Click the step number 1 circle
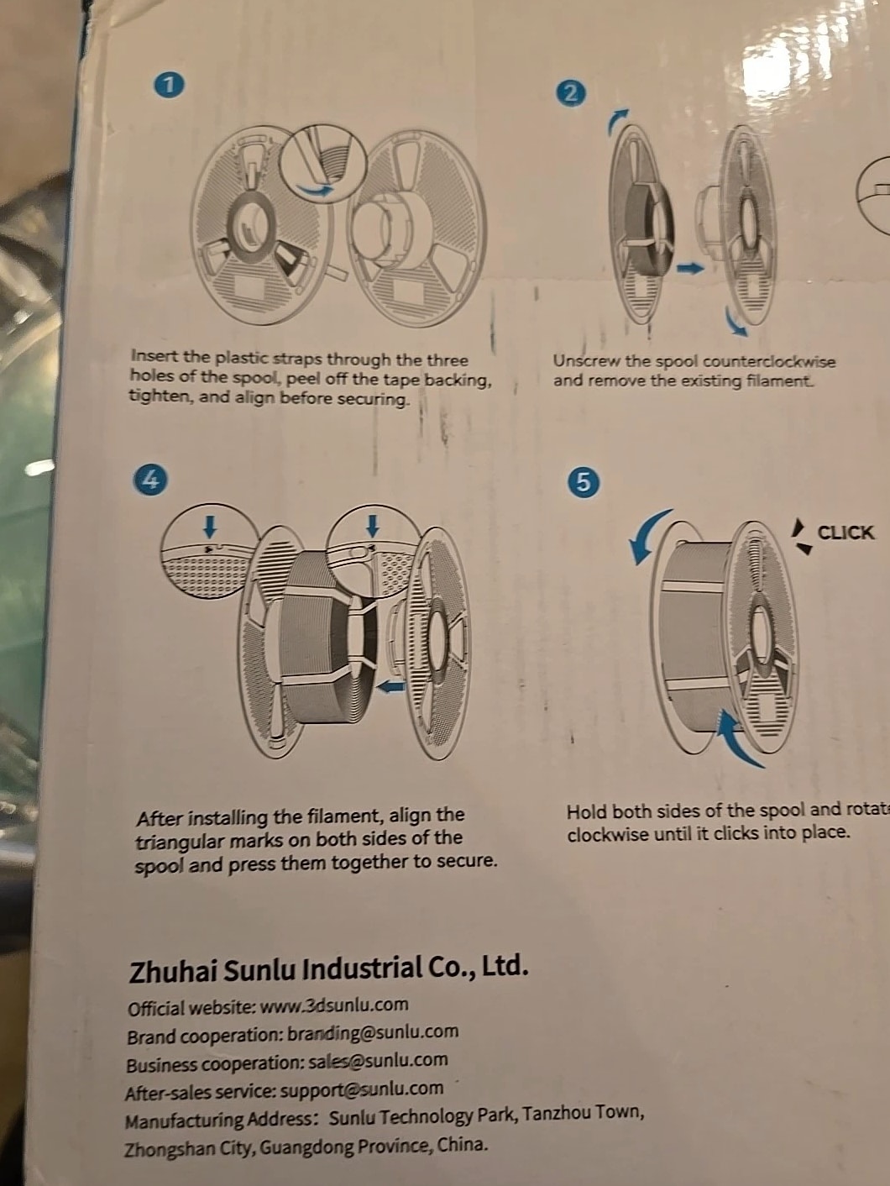point(170,86)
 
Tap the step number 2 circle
point(573,93)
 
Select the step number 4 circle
point(150,480)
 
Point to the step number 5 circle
point(584,481)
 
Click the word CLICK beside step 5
point(845,533)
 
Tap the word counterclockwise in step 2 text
point(768,361)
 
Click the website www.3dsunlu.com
point(334,1005)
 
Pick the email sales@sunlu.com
point(378,1061)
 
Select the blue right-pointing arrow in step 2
point(691,267)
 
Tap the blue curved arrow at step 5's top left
point(648,536)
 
